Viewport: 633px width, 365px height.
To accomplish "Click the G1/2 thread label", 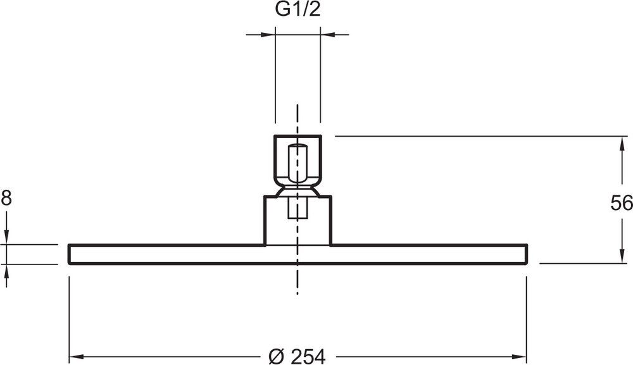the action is (298, 9).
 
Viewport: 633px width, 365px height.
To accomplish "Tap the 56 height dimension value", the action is (622, 203).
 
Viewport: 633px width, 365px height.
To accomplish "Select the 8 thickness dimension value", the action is (6, 199).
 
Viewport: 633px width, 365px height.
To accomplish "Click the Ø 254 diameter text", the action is (297, 356).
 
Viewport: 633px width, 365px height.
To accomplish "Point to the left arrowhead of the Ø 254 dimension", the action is (77, 357).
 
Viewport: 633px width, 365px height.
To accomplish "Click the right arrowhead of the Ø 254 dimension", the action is (519, 357).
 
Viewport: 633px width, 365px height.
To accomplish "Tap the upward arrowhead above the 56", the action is (622, 144).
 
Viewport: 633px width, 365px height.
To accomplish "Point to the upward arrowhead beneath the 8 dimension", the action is (6, 271).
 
